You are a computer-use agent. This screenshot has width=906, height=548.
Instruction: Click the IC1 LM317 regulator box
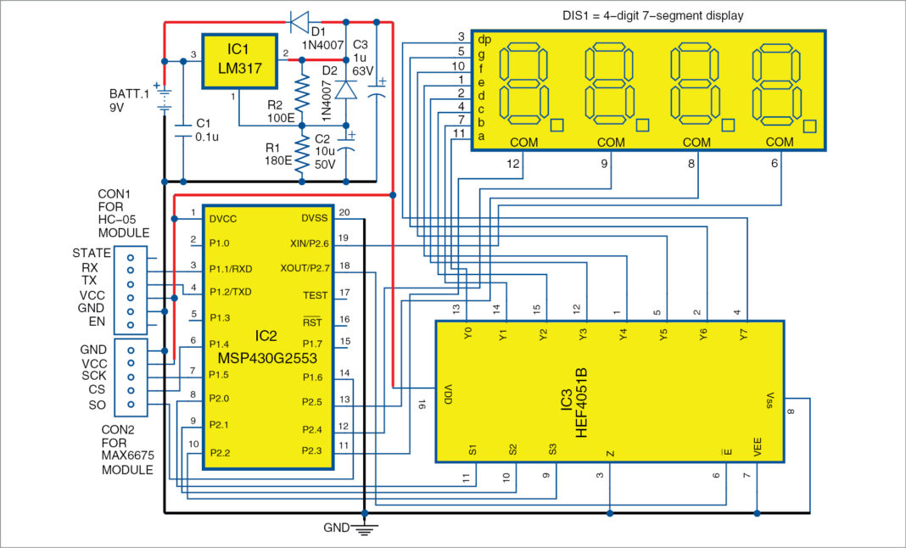[241, 60]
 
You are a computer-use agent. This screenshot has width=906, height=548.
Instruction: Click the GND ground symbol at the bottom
[364, 529]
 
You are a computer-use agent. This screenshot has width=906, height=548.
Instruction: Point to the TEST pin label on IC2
[315, 295]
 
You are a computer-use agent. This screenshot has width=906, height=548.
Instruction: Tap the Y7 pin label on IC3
[743, 335]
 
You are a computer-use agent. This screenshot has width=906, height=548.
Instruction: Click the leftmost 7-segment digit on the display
[523, 84]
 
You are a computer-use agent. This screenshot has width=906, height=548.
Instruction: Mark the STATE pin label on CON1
[92, 253]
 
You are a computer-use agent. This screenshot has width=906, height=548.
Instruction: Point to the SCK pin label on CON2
[94, 376]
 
